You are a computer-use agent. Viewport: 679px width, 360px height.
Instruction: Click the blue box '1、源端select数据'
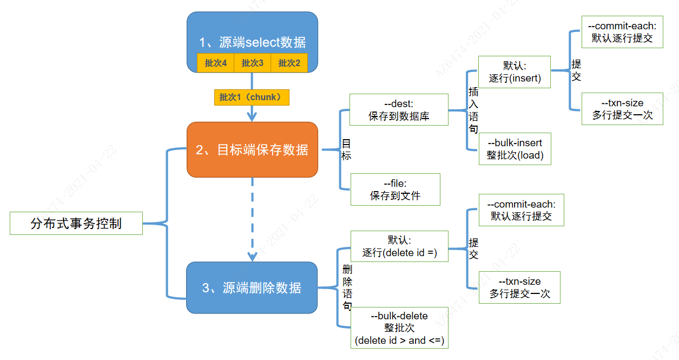(x=252, y=32)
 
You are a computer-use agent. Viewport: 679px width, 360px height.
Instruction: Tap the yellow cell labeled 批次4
(x=215, y=63)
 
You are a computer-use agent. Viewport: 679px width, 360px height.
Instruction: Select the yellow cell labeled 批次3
(x=252, y=63)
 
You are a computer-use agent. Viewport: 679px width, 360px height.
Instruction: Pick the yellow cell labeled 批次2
(x=289, y=63)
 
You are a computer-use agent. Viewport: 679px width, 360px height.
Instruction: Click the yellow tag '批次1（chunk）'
(x=252, y=97)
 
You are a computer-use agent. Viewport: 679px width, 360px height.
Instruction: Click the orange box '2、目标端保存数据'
(x=252, y=149)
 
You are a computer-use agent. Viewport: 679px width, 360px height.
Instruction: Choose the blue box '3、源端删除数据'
(x=252, y=287)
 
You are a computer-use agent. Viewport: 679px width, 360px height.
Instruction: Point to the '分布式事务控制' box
(x=76, y=223)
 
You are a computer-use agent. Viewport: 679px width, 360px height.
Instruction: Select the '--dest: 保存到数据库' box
(x=399, y=110)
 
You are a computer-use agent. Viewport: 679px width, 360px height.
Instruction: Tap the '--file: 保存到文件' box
(x=395, y=189)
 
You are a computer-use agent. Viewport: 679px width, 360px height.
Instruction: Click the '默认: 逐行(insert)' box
(x=515, y=72)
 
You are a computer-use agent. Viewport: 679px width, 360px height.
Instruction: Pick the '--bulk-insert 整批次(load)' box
(x=515, y=149)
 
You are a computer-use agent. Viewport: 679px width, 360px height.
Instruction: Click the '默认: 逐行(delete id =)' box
(x=399, y=246)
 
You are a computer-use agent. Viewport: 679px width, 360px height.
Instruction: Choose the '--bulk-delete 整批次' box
(x=399, y=329)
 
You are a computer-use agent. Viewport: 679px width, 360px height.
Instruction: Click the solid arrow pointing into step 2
(x=252, y=113)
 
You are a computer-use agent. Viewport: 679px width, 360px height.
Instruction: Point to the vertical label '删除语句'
(x=347, y=287)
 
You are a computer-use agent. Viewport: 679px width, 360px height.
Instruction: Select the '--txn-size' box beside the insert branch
(x=622, y=109)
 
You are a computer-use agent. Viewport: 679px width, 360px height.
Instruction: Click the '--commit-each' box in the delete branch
(x=521, y=210)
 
